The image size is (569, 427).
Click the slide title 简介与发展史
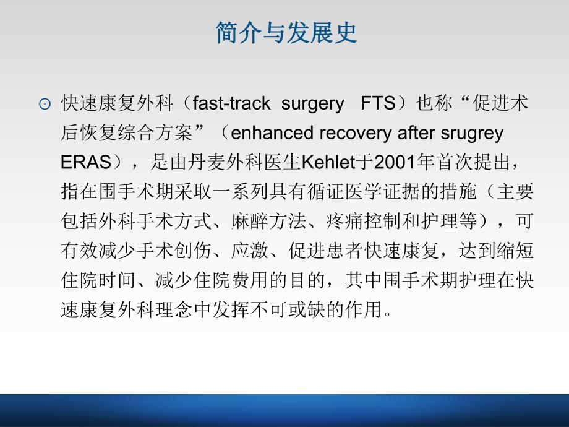click(x=286, y=33)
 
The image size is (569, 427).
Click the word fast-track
click(x=231, y=103)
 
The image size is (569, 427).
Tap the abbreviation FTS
click(x=377, y=103)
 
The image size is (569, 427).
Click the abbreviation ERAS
click(x=83, y=163)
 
